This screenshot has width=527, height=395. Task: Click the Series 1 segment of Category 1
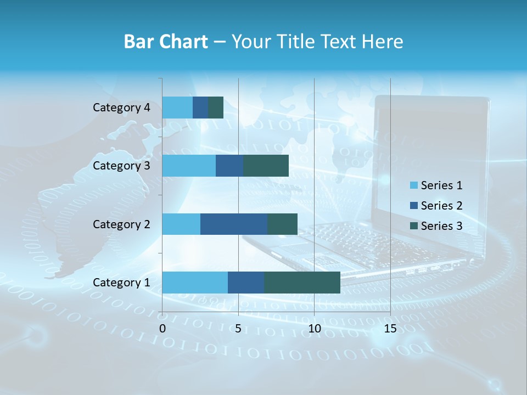tap(195, 283)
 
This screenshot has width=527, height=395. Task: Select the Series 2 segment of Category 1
tap(246, 283)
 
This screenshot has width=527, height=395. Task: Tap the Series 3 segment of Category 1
tap(302, 283)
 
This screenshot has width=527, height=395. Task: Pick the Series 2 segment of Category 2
tap(234, 224)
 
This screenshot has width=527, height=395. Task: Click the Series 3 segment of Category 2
tap(282, 224)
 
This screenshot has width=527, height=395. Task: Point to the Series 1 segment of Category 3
tap(189, 166)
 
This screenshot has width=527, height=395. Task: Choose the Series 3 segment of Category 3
tap(266, 166)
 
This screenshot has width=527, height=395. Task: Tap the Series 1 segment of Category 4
tap(177, 108)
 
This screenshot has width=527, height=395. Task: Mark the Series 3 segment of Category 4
tap(216, 108)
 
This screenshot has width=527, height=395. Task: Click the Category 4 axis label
tap(121, 108)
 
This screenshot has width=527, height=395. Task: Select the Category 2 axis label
tap(121, 224)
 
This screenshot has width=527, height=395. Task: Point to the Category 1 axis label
tap(121, 283)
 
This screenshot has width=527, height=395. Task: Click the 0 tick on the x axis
tap(162, 329)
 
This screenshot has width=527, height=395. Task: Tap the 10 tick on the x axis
tap(314, 329)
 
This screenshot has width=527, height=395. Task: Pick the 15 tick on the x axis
tap(390, 329)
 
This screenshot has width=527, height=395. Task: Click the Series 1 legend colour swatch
tap(413, 185)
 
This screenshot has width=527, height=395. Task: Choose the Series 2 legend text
tap(441, 206)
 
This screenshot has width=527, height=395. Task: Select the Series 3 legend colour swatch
tap(413, 226)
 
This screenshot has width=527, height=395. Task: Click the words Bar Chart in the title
tap(166, 42)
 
